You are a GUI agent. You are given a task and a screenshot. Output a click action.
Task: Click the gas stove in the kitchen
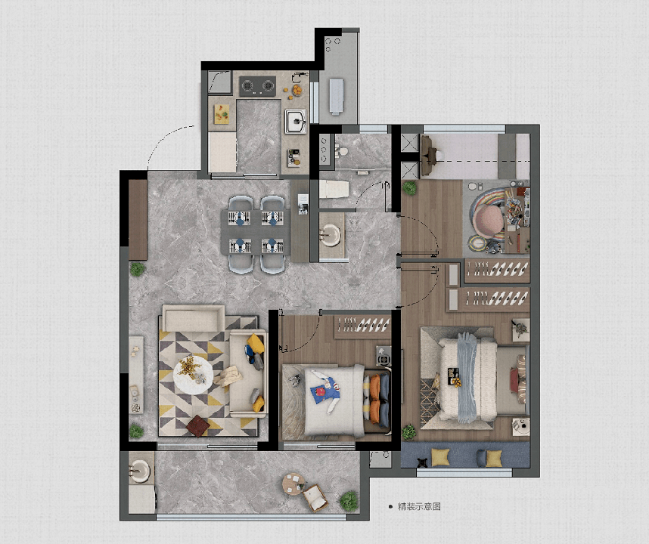coord(257,86)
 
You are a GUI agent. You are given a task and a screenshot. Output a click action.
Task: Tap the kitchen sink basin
coord(296,121)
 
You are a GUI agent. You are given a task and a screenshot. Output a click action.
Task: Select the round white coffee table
coord(193,375)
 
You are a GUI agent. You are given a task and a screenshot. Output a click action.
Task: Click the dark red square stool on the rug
coord(198,426)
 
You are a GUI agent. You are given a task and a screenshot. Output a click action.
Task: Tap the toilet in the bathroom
coord(334,190)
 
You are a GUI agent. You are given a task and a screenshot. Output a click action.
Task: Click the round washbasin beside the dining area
coord(331,235)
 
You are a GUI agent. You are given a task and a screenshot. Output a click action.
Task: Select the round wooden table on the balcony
coord(293,484)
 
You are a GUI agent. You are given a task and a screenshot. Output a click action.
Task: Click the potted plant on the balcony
coord(349,501)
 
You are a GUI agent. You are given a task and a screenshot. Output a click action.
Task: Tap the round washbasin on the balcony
coord(138,471)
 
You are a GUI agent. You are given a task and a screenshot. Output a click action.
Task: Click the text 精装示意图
coord(419,506)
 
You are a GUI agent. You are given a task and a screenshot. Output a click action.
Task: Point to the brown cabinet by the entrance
coord(138,220)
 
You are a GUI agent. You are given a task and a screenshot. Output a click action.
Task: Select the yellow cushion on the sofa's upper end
coord(256,343)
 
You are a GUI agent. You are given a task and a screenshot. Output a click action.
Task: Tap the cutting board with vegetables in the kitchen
coord(222,113)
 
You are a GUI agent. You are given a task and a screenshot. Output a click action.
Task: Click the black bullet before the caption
coord(390,506)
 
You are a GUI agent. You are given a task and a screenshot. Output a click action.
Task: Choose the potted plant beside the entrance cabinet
coord(137,270)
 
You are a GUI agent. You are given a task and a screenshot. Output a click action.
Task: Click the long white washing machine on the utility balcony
coord(337,96)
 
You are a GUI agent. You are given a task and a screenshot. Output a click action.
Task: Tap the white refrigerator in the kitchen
coord(222,152)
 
